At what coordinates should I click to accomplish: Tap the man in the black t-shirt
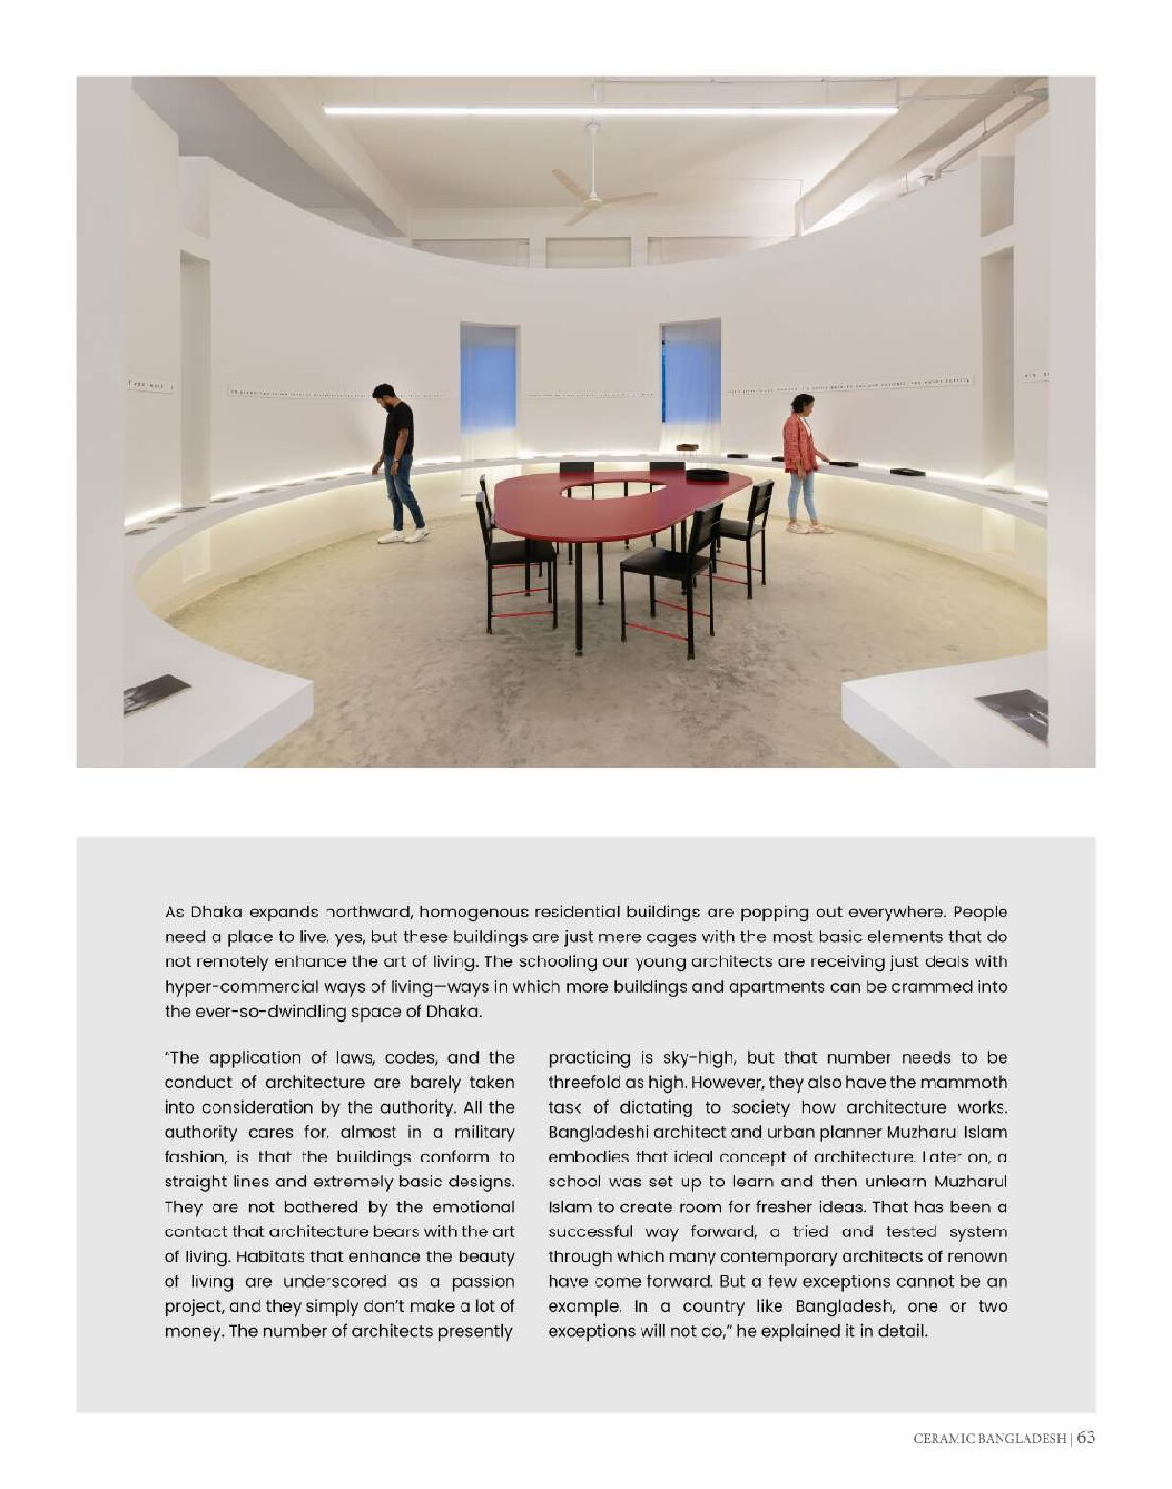397,460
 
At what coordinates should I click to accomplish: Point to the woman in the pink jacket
801,460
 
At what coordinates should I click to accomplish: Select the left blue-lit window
488,378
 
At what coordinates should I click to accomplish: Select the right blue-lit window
690,373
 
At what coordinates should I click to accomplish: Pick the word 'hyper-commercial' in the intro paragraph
228,986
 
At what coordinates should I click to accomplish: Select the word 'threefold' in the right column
583,1082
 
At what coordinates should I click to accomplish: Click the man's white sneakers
402,536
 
